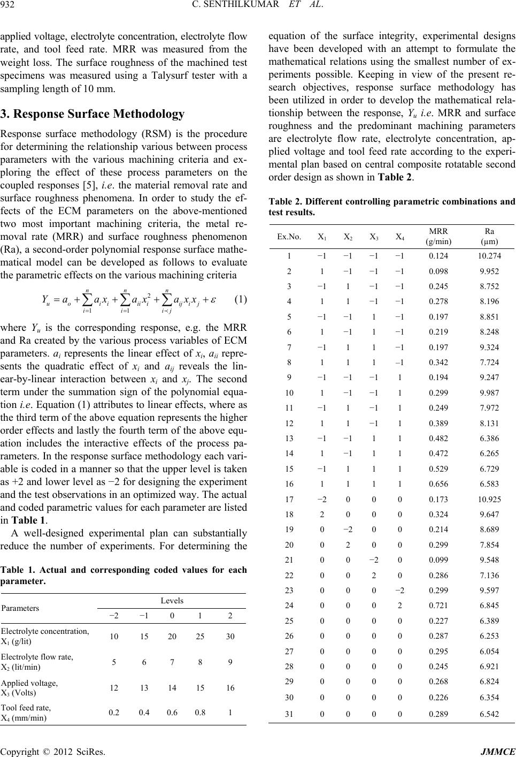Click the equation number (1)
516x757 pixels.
pos(238,300)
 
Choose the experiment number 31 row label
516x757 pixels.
pos(289,710)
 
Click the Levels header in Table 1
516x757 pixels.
pos(171,601)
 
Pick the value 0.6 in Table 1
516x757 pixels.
pos(172,713)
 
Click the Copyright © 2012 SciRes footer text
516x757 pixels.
pos(52,750)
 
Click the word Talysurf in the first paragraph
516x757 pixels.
pos(174,76)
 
